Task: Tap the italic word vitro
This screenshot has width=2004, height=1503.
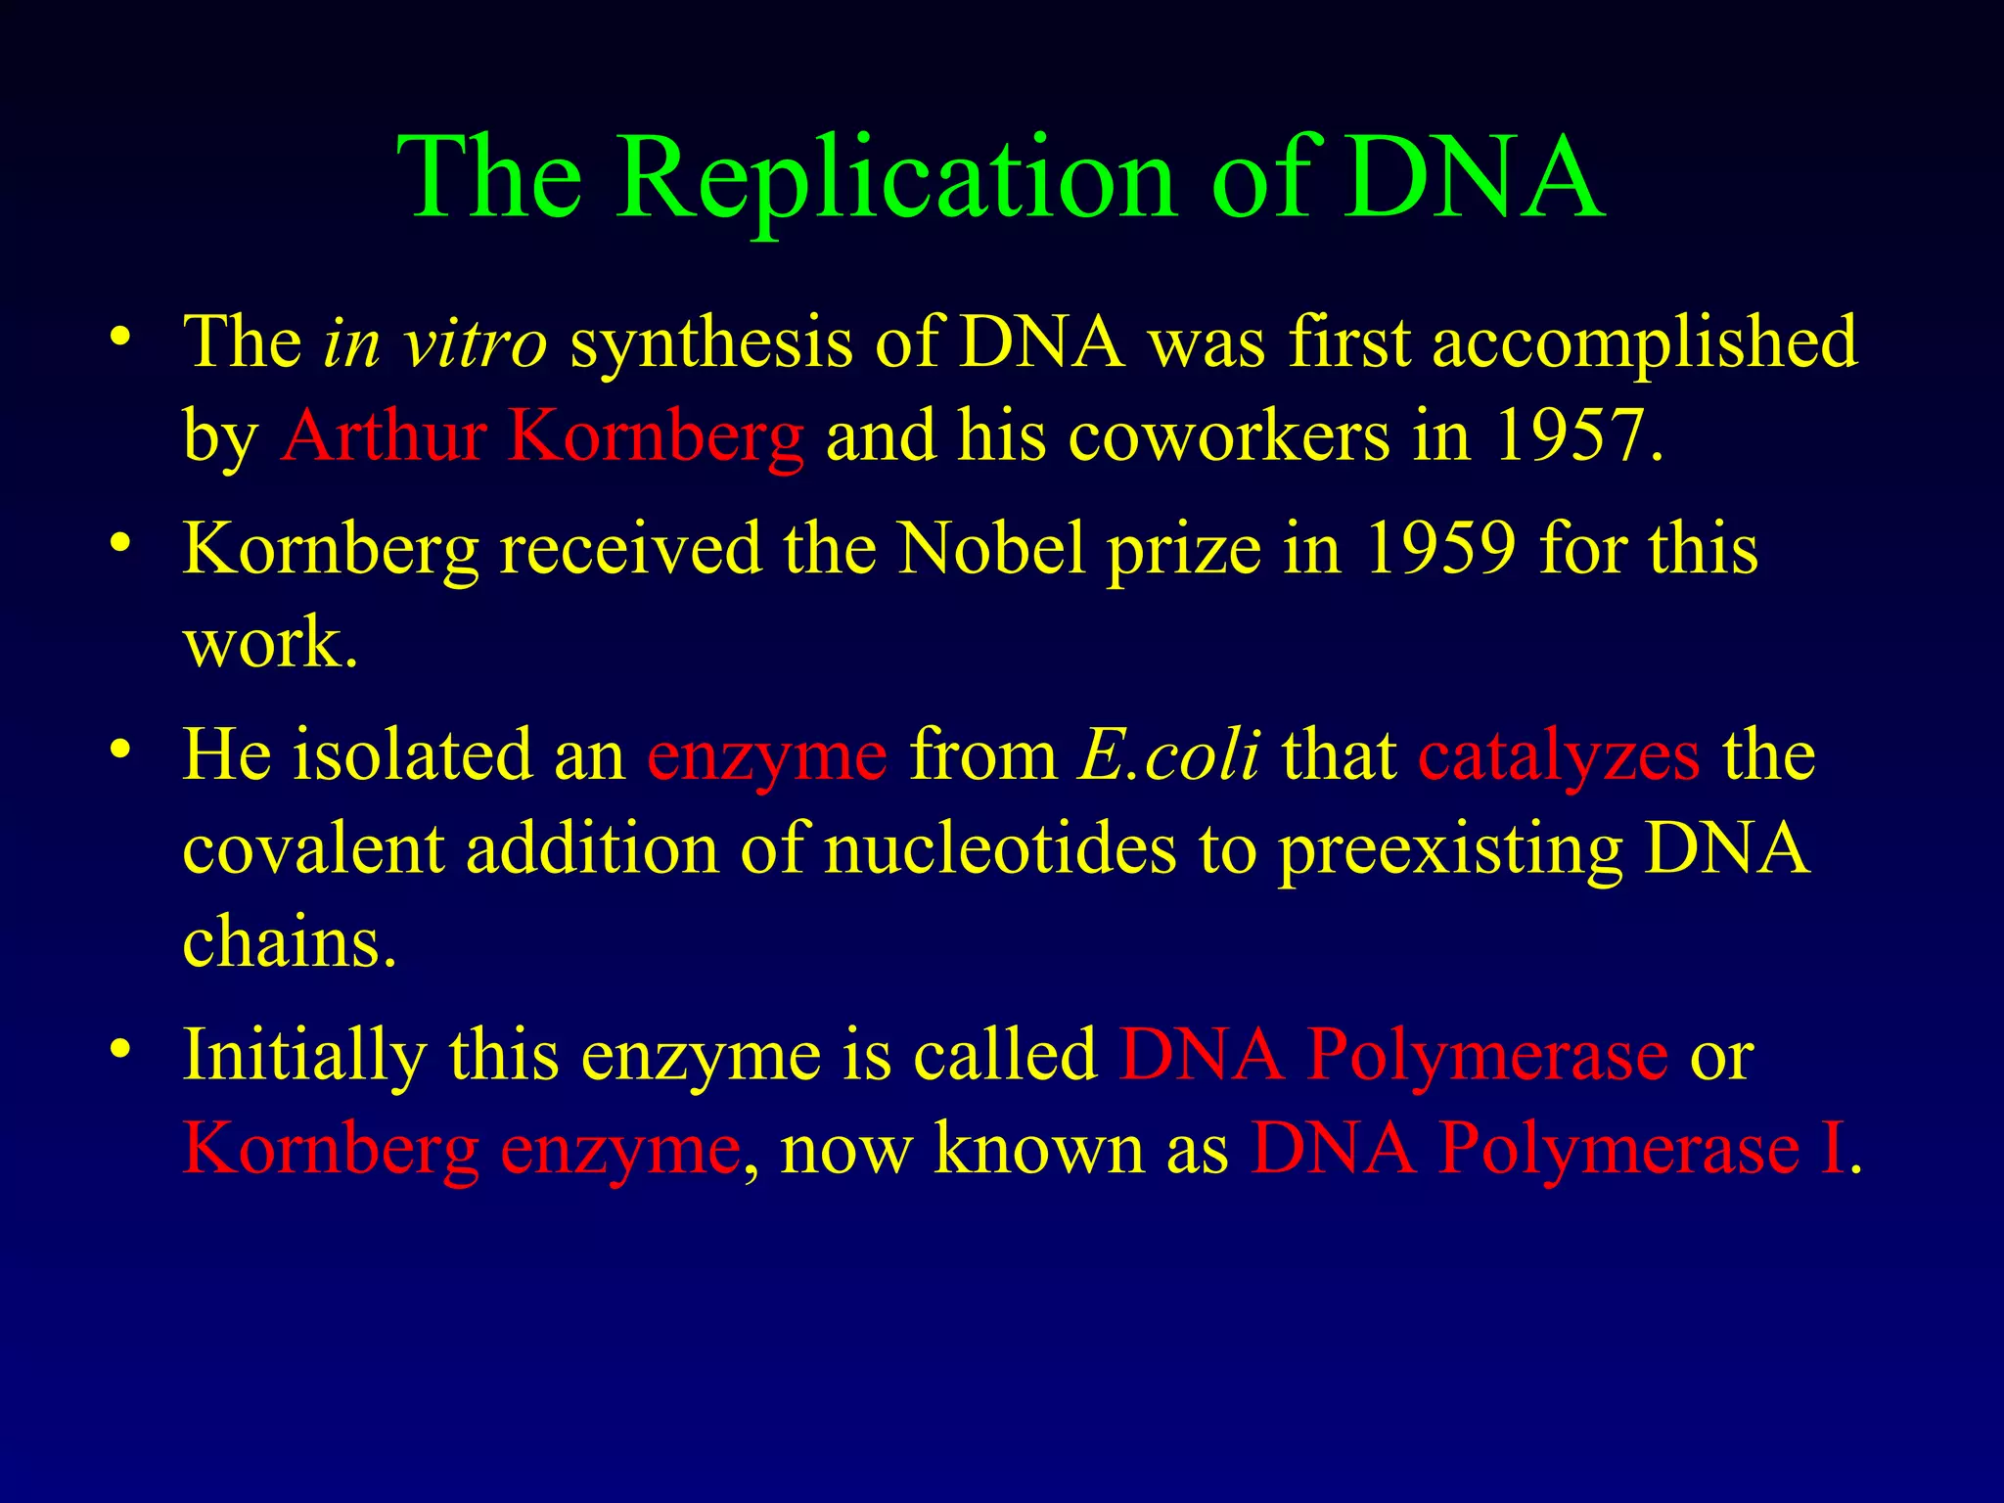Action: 476,343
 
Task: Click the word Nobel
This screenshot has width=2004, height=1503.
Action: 992,548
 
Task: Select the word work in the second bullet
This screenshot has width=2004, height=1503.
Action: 260,644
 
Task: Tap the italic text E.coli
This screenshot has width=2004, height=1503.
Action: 1168,755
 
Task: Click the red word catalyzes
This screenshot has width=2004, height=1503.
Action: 1559,757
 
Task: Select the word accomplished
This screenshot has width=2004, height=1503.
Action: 1645,343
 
